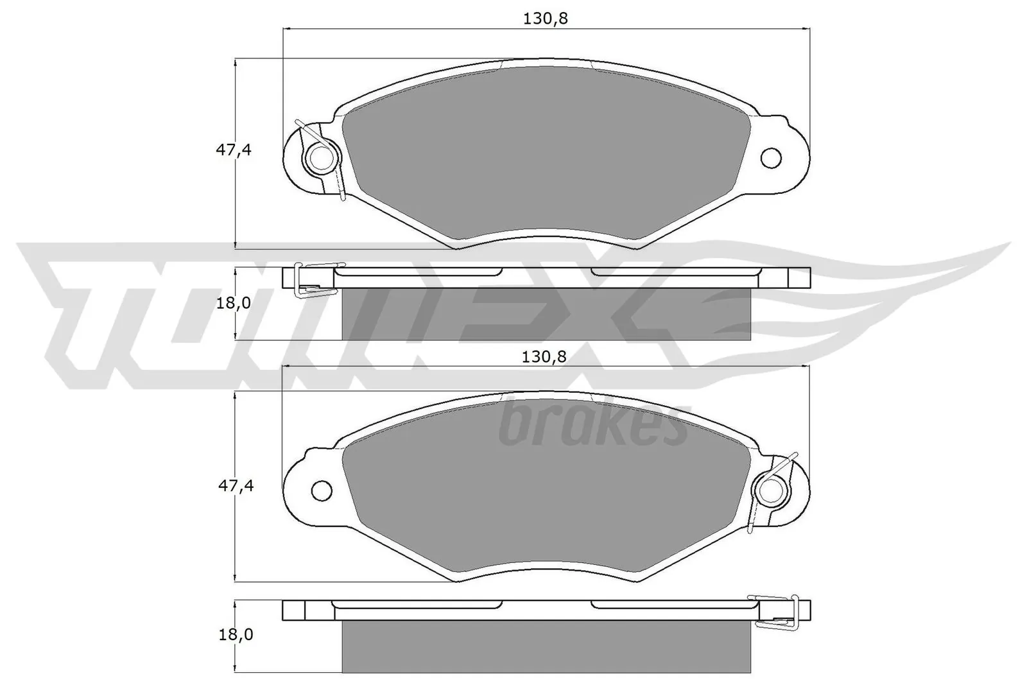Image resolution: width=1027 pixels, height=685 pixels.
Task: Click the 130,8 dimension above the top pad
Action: click(546, 19)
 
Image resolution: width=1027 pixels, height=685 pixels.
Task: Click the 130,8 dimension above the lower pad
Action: click(544, 357)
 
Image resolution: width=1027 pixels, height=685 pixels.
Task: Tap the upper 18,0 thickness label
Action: click(233, 302)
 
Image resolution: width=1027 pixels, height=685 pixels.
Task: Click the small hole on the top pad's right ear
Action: click(770, 157)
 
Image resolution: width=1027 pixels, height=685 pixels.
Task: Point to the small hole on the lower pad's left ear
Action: click(322, 491)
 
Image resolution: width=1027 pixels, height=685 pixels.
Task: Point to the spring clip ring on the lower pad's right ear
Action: click(771, 491)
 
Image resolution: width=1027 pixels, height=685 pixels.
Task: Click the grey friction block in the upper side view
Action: click(547, 314)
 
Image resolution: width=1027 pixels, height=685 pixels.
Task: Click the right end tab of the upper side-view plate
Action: click(798, 277)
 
